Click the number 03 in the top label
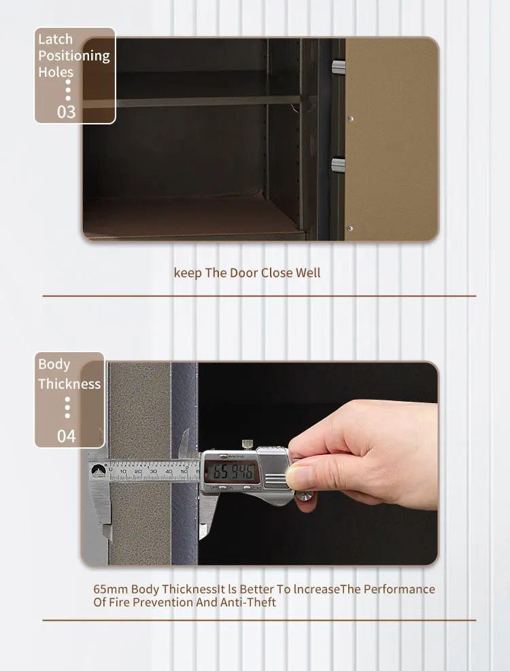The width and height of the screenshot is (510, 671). pyautogui.click(x=66, y=111)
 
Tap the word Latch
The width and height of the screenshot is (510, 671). pyautogui.click(x=55, y=39)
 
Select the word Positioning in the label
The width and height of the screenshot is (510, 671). pyautogui.click(x=73, y=56)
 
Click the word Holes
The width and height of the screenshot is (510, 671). pyautogui.click(x=56, y=72)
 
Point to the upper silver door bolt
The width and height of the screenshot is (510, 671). pyautogui.click(x=338, y=66)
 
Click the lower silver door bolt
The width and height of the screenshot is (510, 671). pyautogui.click(x=338, y=164)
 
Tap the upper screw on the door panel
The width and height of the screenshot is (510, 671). pyautogui.click(x=351, y=120)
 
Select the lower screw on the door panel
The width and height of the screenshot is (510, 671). pyautogui.click(x=351, y=228)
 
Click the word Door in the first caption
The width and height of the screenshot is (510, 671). pyautogui.click(x=243, y=273)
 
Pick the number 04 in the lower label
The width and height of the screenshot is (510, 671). pyautogui.click(x=66, y=436)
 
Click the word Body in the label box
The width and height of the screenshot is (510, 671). pyautogui.click(x=54, y=364)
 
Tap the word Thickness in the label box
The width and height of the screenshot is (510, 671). pyautogui.click(x=69, y=384)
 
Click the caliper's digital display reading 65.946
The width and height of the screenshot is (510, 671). pyautogui.click(x=231, y=471)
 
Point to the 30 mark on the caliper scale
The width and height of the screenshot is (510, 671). pyautogui.click(x=154, y=470)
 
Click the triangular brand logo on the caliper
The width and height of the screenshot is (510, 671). pyautogui.click(x=97, y=470)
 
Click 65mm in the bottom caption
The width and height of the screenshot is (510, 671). pyautogui.click(x=110, y=589)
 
